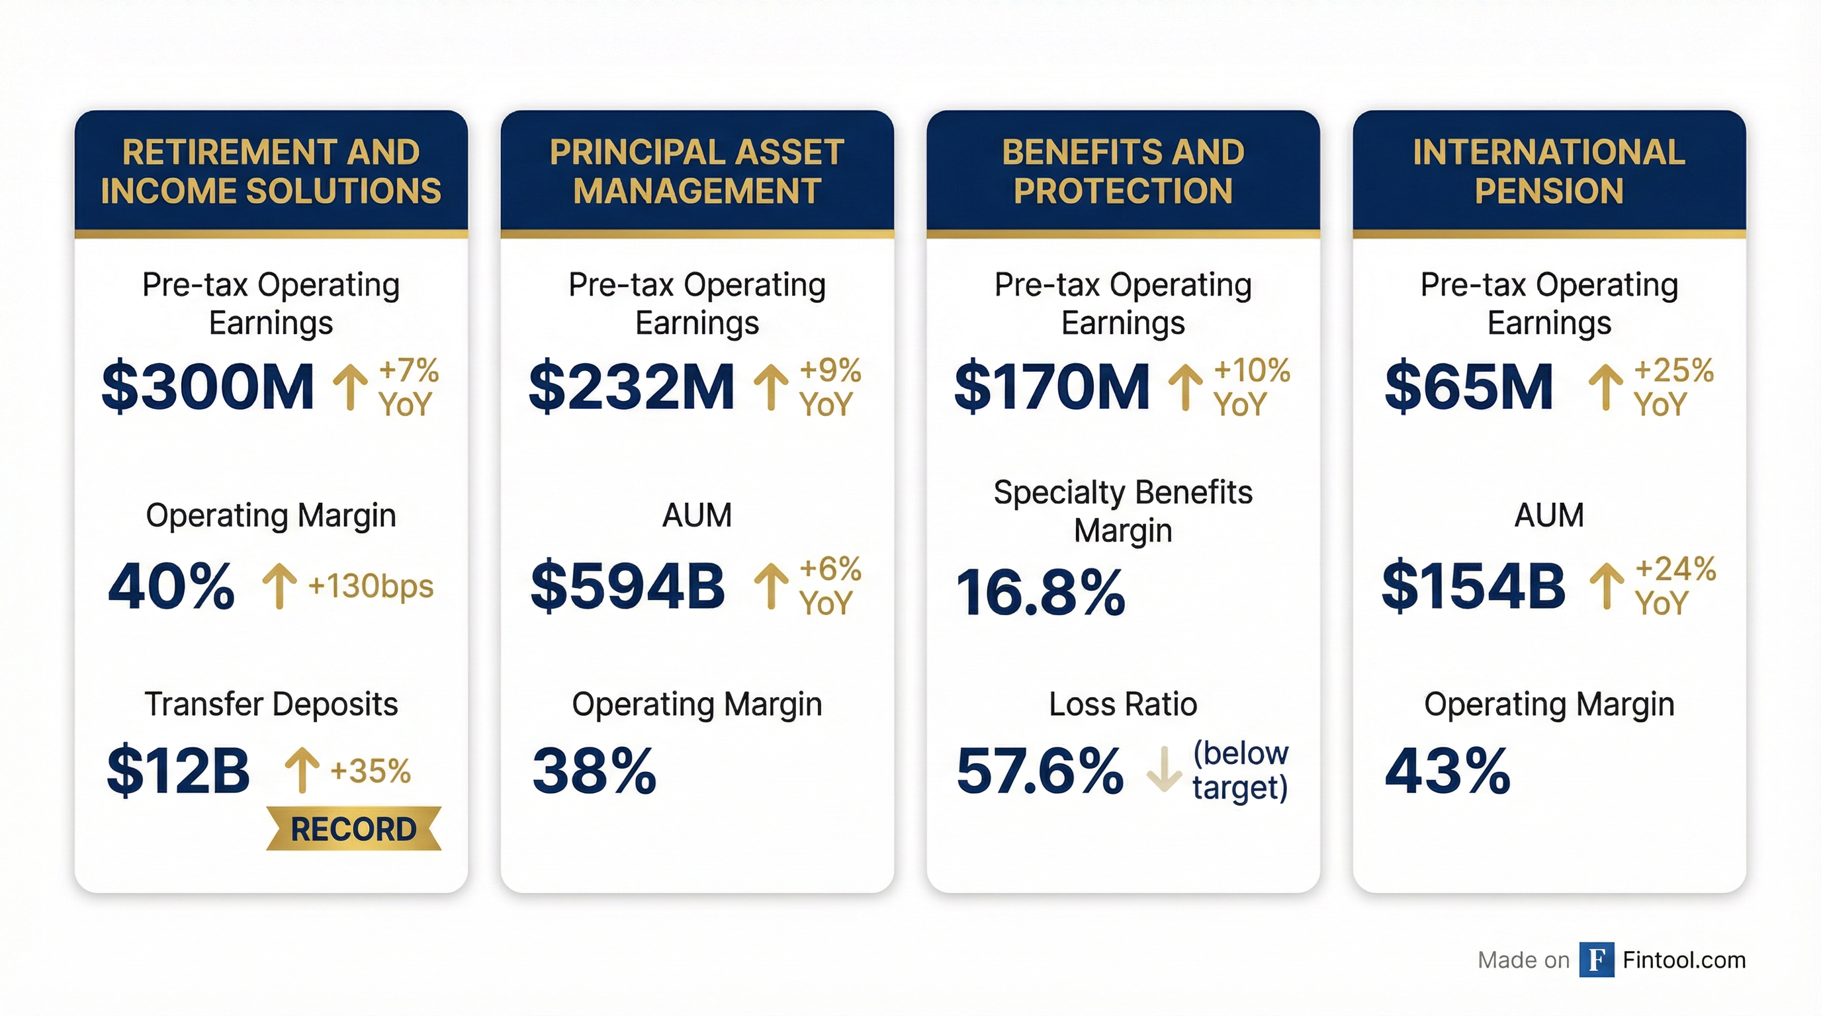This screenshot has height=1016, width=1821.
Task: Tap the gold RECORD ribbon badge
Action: click(353, 829)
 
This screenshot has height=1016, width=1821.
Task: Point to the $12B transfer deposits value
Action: click(178, 769)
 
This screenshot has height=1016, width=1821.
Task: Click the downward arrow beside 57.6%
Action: click(1163, 769)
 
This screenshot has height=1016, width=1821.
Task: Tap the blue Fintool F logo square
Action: click(1596, 960)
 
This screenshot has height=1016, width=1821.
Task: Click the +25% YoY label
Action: click(1673, 386)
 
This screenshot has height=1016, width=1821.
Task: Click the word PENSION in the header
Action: click(1548, 190)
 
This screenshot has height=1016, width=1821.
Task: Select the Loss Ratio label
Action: click(1122, 704)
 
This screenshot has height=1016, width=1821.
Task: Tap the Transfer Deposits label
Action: click(271, 704)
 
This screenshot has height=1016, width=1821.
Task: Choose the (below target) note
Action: click(1240, 770)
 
